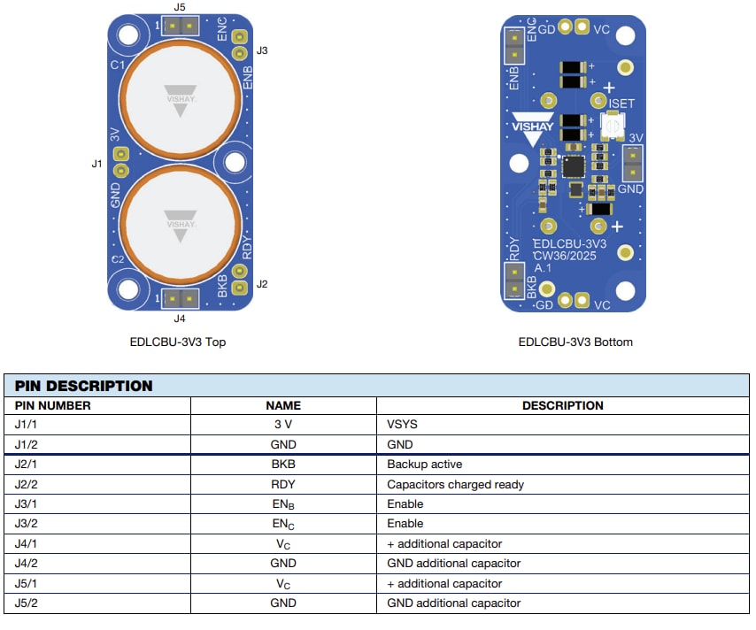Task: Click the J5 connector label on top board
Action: point(180,7)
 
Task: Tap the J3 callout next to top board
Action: point(261,50)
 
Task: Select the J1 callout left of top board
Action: point(96,164)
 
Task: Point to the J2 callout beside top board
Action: point(261,284)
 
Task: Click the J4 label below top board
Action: point(180,318)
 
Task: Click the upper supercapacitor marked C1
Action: point(181,97)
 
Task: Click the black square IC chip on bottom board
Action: point(574,165)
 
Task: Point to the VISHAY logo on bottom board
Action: point(532,127)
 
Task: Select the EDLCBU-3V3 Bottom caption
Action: point(575,342)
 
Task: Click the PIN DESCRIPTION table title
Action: point(84,386)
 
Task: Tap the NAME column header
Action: point(283,405)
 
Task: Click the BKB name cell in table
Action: point(283,465)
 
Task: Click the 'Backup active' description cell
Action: point(424,465)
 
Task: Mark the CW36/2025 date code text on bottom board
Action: point(565,256)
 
